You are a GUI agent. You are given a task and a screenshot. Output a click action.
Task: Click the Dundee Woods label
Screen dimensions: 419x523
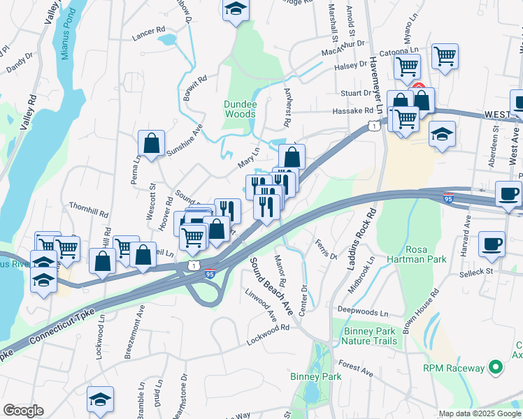(x=240, y=109)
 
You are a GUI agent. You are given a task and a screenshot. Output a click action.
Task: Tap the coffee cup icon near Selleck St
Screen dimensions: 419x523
(x=492, y=244)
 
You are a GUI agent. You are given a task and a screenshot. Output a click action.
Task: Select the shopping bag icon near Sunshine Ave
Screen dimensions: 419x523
(x=151, y=142)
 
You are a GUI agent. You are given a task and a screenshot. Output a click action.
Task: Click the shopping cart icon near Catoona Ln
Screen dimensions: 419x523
(x=445, y=55)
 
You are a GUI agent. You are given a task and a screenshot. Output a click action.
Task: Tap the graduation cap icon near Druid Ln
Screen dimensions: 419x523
(x=100, y=398)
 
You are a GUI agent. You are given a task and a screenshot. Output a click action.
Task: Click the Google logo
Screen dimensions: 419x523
(x=23, y=411)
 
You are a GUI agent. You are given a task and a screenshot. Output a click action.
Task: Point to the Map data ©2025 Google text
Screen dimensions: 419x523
(x=479, y=413)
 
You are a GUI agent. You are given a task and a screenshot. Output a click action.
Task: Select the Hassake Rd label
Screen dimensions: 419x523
(x=353, y=110)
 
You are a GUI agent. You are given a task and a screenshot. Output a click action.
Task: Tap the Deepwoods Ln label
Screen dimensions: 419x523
(x=363, y=311)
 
